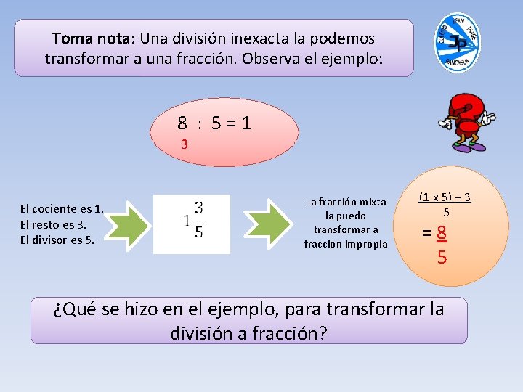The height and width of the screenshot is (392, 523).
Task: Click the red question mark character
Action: [466, 121]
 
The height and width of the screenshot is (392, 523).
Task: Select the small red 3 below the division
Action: [185, 144]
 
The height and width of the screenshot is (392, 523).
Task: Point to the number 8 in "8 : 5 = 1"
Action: [183, 123]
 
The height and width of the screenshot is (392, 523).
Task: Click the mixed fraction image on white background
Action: [192, 224]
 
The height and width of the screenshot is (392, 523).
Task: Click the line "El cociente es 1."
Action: [62, 209]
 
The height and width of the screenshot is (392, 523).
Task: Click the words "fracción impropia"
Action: [346, 243]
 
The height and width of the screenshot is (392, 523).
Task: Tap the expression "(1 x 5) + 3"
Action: [445, 197]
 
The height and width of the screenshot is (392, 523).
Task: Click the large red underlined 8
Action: [441, 234]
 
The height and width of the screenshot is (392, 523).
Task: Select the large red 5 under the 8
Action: [442, 257]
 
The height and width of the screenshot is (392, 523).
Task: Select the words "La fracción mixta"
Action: [346, 202]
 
